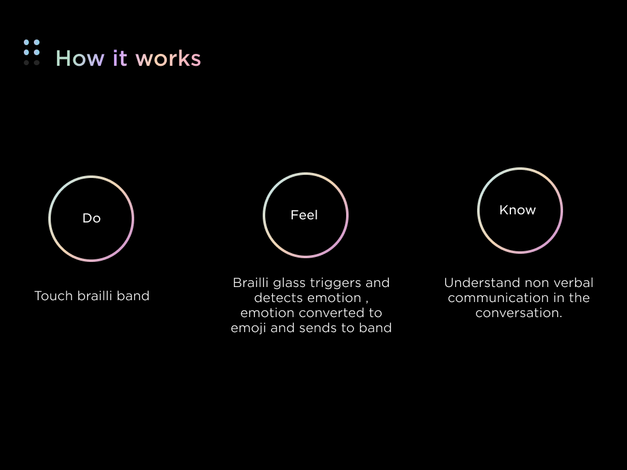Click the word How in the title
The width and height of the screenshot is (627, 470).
[x=80, y=58]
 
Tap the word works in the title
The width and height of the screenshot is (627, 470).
[x=168, y=58]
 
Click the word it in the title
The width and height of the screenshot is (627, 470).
[x=120, y=58]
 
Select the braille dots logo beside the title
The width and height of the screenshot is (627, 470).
[x=31, y=53]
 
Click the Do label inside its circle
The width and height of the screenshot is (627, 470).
[x=92, y=218]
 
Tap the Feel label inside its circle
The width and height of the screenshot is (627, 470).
[x=304, y=215]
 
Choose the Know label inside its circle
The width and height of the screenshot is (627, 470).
[x=517, y=210]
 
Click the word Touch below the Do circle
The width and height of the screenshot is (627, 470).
[x=53, y=296]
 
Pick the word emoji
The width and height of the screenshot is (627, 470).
[x=249, y=328]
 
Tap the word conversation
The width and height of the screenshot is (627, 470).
[x=519, y=313]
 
